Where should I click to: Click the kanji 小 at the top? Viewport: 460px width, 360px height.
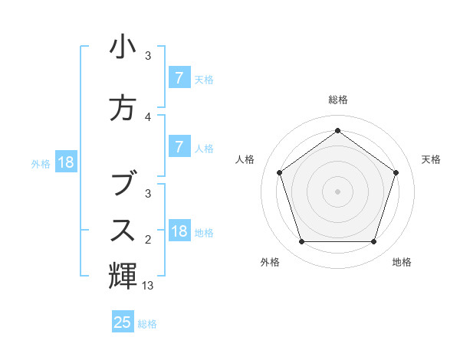[123, 47]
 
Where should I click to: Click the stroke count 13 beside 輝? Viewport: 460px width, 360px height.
[148, 286]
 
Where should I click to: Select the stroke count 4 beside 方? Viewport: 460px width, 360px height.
[148, 117]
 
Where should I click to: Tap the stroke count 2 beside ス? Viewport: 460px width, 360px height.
[148, 241]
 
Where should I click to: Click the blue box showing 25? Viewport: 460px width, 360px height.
[123, 322]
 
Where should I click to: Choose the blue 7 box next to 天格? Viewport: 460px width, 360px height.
[179, 77]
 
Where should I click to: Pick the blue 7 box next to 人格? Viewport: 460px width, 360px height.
[179, 147]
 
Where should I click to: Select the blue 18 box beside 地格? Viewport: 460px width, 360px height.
[179, 231]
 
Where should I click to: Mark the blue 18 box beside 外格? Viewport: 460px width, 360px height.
[65, 162]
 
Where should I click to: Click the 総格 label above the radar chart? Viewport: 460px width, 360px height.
[337, 100]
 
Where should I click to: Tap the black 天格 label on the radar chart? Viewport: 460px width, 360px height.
[432, 159]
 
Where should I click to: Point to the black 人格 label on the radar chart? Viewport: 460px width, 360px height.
[245, 159]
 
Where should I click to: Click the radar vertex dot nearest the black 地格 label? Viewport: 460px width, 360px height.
[374, 242]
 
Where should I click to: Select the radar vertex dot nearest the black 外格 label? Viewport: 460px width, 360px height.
[301, 242]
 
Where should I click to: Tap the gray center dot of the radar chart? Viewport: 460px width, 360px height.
[337, 191]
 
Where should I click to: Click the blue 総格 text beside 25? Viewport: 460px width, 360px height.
[147, 324]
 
